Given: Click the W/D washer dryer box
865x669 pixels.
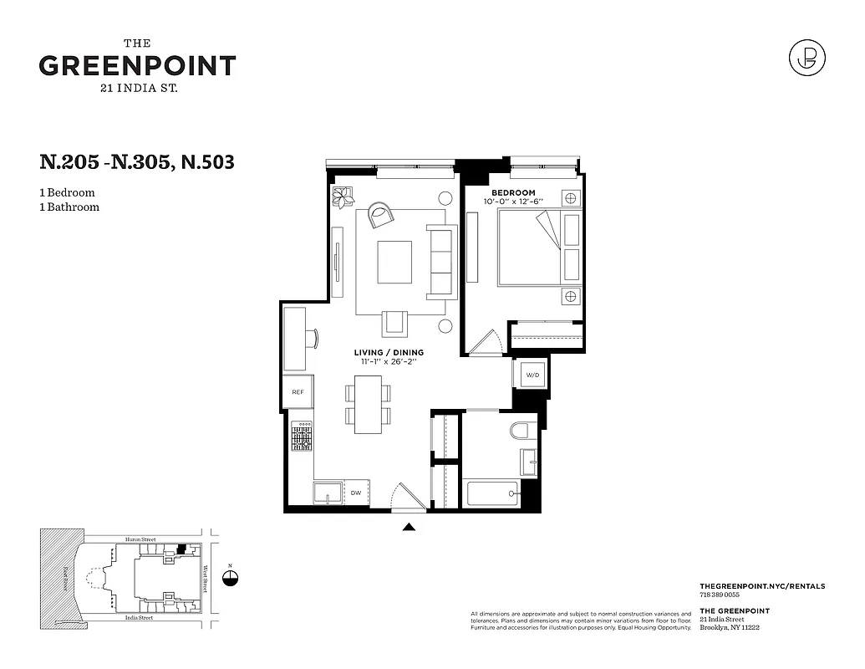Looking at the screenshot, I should [532, 375].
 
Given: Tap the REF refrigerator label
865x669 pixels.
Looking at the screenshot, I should [298, 391].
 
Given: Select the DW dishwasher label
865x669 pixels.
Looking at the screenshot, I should [355, 493].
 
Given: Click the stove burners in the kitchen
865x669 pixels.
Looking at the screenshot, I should [301, 436].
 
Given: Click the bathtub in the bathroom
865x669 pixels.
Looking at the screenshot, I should [493, 493].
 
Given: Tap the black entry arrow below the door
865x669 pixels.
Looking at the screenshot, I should [409, 526].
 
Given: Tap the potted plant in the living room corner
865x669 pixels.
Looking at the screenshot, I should [343, 197].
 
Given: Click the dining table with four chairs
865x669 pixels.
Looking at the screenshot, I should [368, 404].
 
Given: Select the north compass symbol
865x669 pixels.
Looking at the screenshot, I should [232, 578].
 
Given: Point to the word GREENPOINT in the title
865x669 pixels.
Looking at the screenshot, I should [137, 67].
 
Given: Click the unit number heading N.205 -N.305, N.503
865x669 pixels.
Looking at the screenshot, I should [137, 161].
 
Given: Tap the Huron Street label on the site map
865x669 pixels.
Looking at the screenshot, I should [139, 540].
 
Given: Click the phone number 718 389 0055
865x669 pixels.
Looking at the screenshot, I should [721, 595].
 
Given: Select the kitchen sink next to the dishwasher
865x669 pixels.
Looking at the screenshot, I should [328, 493].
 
